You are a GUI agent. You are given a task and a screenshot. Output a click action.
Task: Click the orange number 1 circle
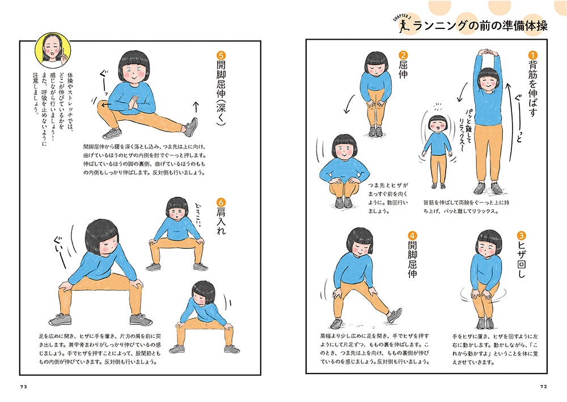tap(532, 56)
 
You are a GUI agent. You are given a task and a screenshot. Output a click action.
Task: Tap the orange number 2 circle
tap(403, 56)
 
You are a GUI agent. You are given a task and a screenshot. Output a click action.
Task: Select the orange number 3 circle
tap(521, 236)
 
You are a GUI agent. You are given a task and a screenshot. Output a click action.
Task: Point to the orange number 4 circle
tap(412, 236)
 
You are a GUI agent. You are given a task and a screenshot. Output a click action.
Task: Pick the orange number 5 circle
tap(221, 56)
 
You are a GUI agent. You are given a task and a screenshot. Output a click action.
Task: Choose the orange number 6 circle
tap(221, 202)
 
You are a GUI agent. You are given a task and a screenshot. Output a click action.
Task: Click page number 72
tap(544, 387)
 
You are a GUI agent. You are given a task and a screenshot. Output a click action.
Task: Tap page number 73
tap(23, 387)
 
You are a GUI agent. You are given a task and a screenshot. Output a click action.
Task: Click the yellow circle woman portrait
tap(53, 50)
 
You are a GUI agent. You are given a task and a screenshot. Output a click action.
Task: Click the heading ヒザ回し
tap(521, 264)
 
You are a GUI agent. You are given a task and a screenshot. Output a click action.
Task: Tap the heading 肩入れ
tap(221, 221)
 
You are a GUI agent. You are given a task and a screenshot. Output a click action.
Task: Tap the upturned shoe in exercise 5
tap(191, 127)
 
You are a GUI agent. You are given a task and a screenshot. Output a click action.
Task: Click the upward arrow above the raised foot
tap(196, 107)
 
